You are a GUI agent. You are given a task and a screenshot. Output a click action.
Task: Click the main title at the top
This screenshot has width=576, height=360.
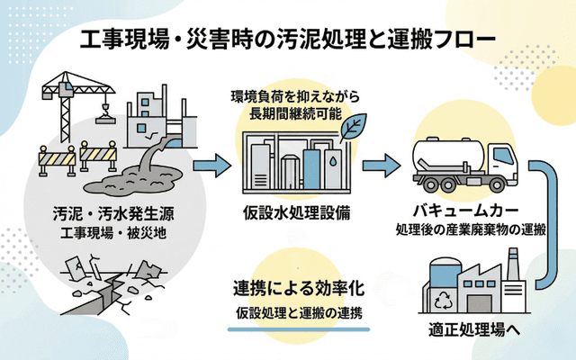(287, 39)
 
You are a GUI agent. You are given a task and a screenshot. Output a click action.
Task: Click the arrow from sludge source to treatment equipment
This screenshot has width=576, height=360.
(209, 166)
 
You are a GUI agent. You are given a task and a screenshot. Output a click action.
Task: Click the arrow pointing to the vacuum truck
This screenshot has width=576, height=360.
(383, 166)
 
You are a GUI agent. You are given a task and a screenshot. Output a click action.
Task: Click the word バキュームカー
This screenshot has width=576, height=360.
(464, 210)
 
